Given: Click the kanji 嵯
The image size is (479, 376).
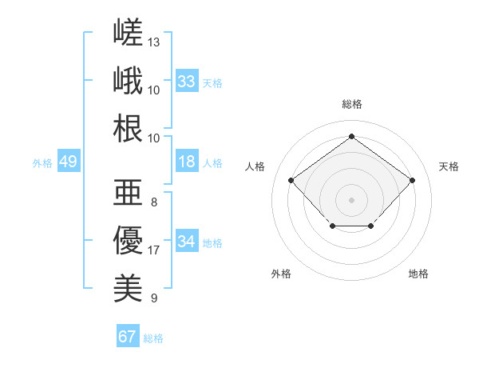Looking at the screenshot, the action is click(x=128, y=32).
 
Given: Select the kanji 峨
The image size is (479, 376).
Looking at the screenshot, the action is click(x=128, y=80).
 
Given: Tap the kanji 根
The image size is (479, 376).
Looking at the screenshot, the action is click(x=128, y=128).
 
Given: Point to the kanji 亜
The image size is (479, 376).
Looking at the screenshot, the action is click(x=128, y=192).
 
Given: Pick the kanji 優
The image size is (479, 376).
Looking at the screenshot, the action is click(x=128, y=240).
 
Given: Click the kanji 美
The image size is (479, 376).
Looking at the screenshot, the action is click(x=128, y=288).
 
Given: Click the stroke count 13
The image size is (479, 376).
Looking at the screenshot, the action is click(x=153, y=42).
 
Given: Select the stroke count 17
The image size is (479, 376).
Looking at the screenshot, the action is click(x=153, y=250).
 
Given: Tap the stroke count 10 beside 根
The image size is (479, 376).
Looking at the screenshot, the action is click(x=153, y=138).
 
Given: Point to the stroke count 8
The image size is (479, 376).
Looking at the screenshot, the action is click(x=154, y=202).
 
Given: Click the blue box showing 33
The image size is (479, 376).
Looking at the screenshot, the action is click(x=187, y=81).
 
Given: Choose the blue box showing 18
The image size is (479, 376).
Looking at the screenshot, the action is click(x=187, y=161).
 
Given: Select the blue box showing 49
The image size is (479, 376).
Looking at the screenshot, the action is click(x=69, y=161).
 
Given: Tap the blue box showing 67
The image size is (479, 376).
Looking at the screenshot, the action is click(x=128, y=335).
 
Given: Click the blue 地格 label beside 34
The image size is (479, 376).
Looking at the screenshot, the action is click(x=212, y=243).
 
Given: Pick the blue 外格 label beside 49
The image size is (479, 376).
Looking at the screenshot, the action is click(x=42, y=163).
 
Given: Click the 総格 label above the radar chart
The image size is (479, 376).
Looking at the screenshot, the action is click(x=352, y=105).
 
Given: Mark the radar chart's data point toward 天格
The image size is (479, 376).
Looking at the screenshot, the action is click(x=412, y=180).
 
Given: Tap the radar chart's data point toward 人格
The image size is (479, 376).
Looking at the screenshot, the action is click(x=291, y=180).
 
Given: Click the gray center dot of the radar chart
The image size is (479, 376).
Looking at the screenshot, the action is click(x=351, y=200).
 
